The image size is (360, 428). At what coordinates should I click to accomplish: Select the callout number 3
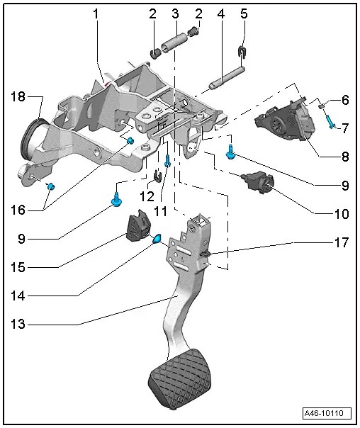(174, 14)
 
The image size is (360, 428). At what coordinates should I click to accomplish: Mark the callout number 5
(244, 14)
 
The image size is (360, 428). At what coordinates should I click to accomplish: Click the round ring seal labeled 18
(31, 135)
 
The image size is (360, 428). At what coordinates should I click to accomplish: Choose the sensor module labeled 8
(288, 118)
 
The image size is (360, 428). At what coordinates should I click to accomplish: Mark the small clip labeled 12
(157, 176)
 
